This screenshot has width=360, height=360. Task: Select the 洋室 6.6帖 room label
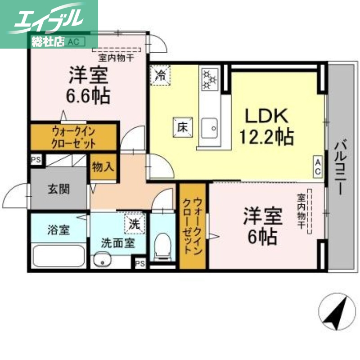(x=89, y=85)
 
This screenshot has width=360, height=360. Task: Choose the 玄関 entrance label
(x=58, y=189)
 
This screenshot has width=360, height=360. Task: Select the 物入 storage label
(x=103, y=167)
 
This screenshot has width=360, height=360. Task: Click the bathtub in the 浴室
(x=59, y=256)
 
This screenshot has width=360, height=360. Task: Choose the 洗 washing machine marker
(x=135, y=222)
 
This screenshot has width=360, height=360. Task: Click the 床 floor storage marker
(x=182, y=127)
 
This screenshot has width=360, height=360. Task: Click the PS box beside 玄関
(x=35, y=159)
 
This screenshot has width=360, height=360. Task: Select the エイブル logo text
(x=49, y=20)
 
